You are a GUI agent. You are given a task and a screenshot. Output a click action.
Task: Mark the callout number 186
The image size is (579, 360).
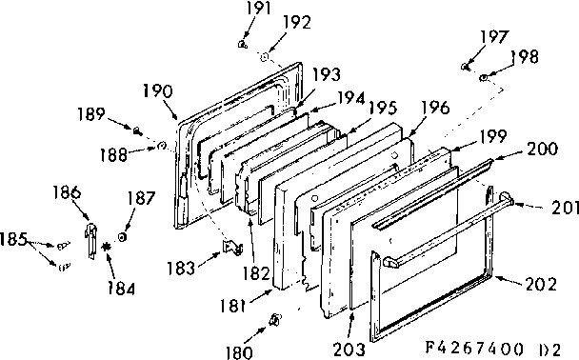coord(67,191)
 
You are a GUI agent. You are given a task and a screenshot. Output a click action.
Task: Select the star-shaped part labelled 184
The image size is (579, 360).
coord(106,250)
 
